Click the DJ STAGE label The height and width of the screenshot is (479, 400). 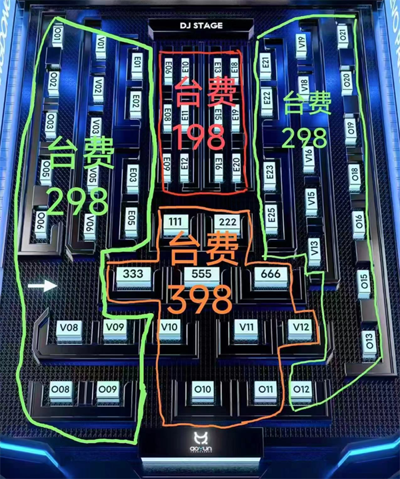coord(201,26)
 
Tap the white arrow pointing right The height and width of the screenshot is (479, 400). coord(43,286)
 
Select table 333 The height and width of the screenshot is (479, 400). coord(129,274)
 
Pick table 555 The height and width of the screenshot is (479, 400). coord(201,274)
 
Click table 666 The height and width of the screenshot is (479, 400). coord(271,274)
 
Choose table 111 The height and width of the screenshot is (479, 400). coord(175,221)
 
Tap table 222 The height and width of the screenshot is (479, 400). coord(227,221)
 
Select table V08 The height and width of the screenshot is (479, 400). coord(69,328)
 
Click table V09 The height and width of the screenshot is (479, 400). coord(115,327)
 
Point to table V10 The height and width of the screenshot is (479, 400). coord(169,327)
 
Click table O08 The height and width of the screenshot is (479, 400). coord(61,389)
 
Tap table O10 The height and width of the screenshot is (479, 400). coord(202,390)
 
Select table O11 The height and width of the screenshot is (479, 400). coord(265,389)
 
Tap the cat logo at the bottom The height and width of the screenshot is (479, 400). coord(201,439)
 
